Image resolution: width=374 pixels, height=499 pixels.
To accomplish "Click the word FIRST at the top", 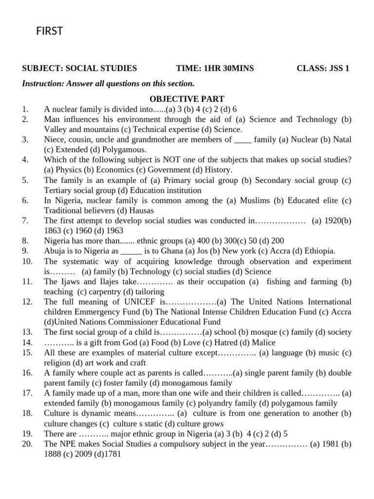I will coord(50,32).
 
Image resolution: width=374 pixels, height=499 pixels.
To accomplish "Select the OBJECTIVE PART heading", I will coord(187,99).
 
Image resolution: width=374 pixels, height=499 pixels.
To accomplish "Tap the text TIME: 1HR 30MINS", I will coord(215,68).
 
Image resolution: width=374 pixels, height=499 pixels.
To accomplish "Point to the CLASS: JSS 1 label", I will coord(323,68).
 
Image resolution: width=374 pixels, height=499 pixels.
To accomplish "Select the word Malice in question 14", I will coord(263,343).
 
